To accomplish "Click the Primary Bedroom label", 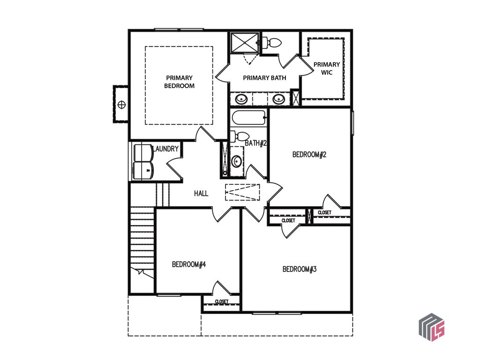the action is point(180,82).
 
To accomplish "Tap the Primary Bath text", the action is point(264,78).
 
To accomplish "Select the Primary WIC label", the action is point(327,68).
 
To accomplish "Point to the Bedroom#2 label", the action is point(309,154).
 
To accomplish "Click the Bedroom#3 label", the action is point(300,269).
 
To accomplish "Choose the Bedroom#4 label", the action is point(189,264).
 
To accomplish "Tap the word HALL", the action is point(201,193).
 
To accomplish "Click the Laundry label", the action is point(165,149).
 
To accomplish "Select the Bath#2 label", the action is point(256,143).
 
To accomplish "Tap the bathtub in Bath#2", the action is point(249,118).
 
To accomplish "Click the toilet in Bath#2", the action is point(240,136).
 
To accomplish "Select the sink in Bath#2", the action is point(236,161).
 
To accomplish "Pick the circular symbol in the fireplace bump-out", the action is point(121,105).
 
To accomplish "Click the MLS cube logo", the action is point(432,327).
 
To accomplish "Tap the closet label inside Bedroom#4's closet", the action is point(222,301).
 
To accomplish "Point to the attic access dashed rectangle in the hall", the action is point(242,192).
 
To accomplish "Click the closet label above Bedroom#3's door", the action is point(288,220).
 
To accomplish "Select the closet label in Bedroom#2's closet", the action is point(324,212).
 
